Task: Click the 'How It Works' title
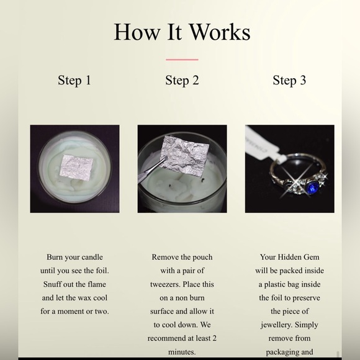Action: point(182,32)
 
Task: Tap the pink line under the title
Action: point(182,60)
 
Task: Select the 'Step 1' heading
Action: point(74,80)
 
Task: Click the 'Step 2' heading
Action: point(182,80)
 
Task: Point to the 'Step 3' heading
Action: point(289,80)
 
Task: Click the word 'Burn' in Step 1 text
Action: point(57,257)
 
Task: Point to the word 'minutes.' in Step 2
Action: point(182,353)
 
